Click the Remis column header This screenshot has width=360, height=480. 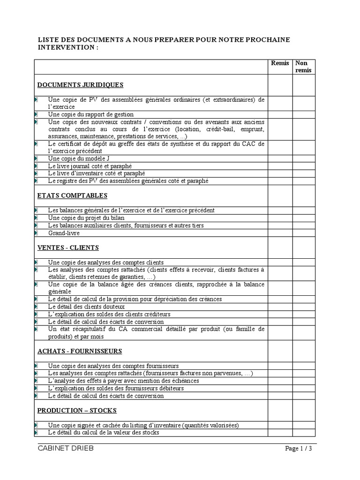[280, 63]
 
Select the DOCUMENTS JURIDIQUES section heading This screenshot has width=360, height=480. [80, 85]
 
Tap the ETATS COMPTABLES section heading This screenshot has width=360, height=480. [72, 195]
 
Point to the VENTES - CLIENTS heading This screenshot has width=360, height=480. [68, 247]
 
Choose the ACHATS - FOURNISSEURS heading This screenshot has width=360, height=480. [80, 351]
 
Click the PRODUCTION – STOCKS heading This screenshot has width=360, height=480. [77, 411]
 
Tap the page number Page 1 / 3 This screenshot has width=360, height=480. [299, 449]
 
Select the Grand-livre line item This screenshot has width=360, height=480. [64, 233]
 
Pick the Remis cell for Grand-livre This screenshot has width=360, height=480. [280, 233]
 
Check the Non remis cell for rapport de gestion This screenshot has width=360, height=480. [304, 114]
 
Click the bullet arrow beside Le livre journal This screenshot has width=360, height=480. [36, 166]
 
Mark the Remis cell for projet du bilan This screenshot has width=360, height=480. [280, 218]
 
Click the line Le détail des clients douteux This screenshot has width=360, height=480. [86, 307]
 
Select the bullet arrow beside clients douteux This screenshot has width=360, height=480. [36, 307]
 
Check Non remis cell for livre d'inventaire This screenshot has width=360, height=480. [304, 173]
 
